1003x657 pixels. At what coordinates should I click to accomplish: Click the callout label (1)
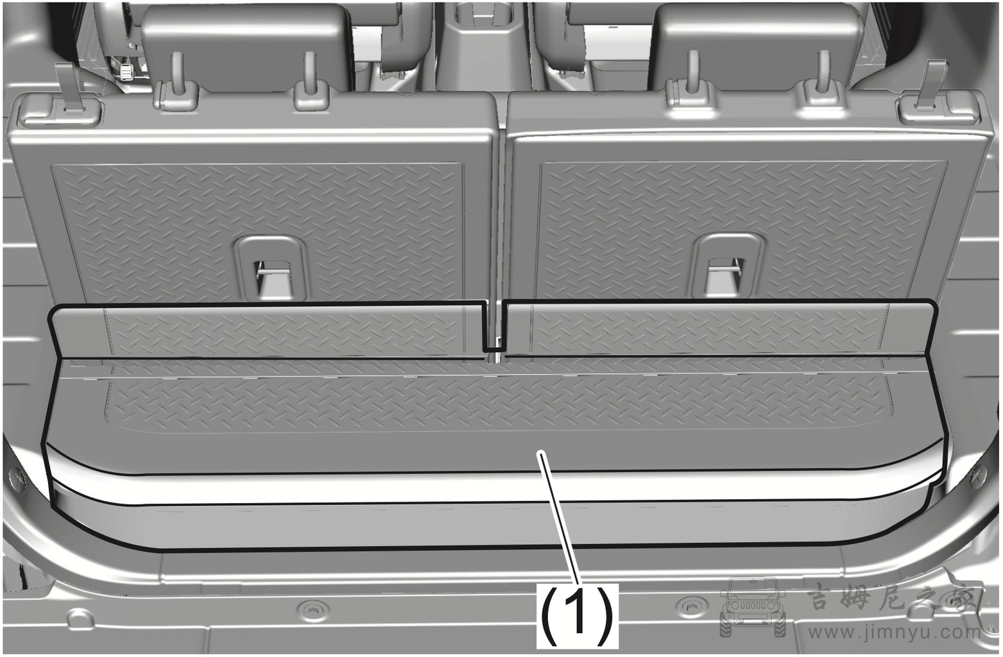point(577,616)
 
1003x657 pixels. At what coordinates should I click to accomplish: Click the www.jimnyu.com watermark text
point(895,633)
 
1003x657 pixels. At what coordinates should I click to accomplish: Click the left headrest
point(246,47)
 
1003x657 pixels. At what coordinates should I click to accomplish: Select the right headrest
point(757,47)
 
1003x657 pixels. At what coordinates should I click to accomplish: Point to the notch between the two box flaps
point(494,327)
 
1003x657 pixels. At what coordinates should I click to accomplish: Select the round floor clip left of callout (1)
point(313,608)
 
